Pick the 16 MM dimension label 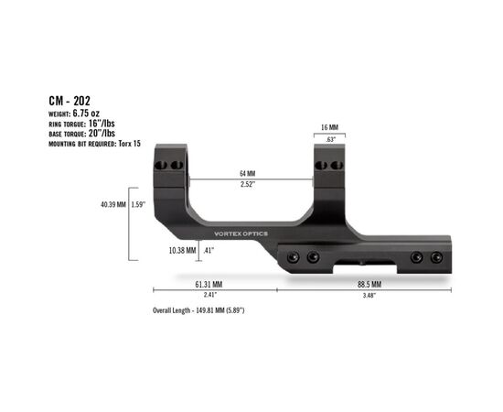pyautogui.click(x=330, y=128)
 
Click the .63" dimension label pyautogui.click(x=330, y=139)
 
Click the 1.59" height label pyautogui.click(x=139, y=204)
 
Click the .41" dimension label pyautogui.click(x=209, y=249)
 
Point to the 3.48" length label pyautogui.click(x=368, y=295)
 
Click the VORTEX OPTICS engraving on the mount pyautogui.click(x=235, y=233)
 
